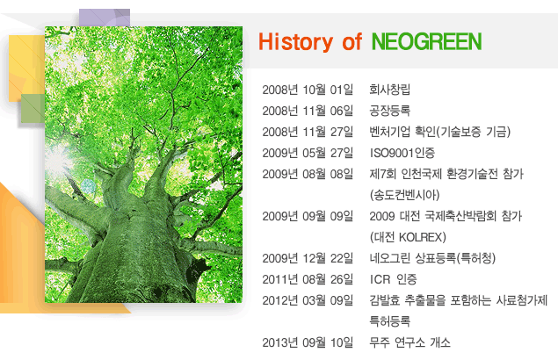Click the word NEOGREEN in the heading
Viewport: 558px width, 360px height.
427,41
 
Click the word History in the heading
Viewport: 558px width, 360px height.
296,42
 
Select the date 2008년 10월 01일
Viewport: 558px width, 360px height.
308,90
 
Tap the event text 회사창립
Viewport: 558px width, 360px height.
390,90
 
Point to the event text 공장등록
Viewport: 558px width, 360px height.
390,111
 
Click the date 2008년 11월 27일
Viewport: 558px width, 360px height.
308,132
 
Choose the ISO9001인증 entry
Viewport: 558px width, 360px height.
402,153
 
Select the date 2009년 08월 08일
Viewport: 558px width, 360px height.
308,175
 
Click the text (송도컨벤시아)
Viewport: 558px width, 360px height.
405,195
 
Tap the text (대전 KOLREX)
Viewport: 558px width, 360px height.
408,237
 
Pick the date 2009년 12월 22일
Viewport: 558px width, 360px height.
308,258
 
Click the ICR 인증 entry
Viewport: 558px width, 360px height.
394,279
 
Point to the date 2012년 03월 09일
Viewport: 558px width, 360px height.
308,300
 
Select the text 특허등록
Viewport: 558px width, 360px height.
390,321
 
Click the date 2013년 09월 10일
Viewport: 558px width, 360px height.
308,342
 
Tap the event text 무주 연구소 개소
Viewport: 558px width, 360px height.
410,342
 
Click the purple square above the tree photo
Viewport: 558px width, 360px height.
105,18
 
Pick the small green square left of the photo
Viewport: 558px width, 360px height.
33,109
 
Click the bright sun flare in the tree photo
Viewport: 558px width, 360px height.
58,160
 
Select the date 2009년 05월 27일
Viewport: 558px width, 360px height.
308,153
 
